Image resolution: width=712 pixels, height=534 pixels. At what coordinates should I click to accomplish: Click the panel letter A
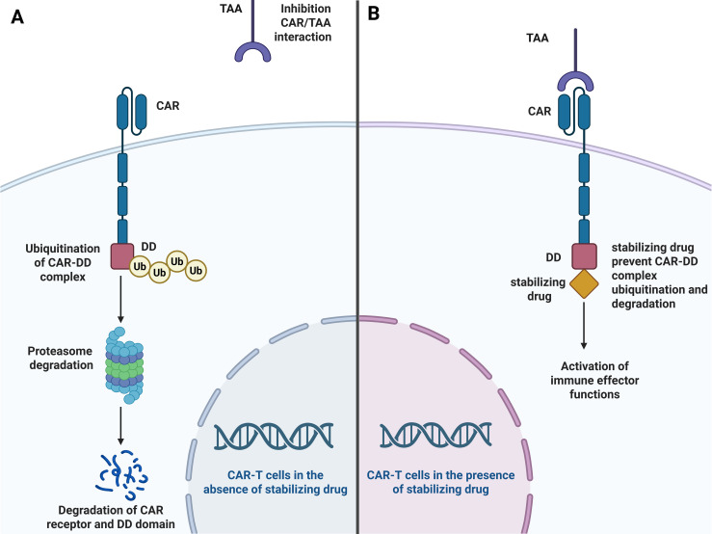pyautogui.click(x=17, y=17)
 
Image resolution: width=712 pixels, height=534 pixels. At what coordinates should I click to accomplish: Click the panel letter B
pyautogui.click(x=373, y=13)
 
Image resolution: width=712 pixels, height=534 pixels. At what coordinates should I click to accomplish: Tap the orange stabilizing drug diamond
pyautogui.click(x=584, y=284)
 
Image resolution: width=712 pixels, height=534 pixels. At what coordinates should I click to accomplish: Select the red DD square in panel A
pyautogui.click(x=122, y=256)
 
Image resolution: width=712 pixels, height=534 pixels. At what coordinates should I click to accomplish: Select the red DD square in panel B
pyautogui.click(x=584, y=256)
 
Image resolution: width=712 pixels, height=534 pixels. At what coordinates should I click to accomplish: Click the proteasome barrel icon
pyautogui.click(x=124, y=365)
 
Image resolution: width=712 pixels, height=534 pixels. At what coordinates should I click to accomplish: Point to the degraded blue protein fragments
pyautogui.click(x=121, y=474)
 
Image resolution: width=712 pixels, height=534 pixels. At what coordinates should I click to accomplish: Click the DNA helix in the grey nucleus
pyautogui.click(x=274, y=437)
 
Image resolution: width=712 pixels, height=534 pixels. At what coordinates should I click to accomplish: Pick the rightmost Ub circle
pyautogui.click(x=196, y=271)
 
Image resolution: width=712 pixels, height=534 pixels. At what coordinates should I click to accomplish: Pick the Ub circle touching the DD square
pyautogui.click(x=140, y=266)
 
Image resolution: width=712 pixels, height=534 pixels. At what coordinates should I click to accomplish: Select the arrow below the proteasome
pyautogui.click(x=120, y=425)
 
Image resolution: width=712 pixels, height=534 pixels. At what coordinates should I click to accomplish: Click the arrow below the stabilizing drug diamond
pyautogui.click(x=584, y=326)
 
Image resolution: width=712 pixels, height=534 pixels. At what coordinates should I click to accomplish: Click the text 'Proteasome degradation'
pyautogui.click(x=61, y=359)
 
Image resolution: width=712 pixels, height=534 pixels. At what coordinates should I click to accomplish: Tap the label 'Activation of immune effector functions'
pyautogui.click(x=594, y=380)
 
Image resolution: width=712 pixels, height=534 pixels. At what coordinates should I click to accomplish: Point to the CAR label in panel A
pyautogui.click(x=168, y=105)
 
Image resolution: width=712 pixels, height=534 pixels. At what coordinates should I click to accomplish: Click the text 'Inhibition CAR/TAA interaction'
pyautogui.click(x=303, y=23)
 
